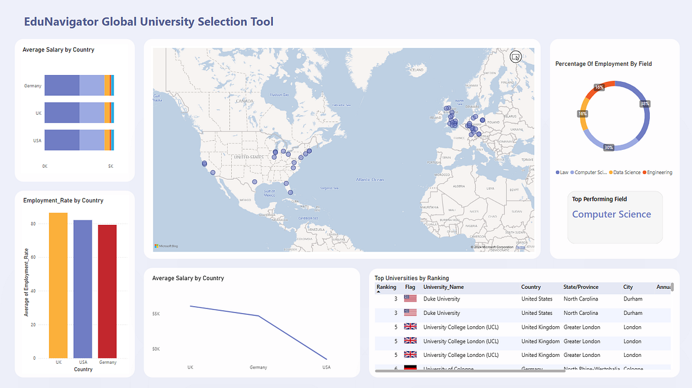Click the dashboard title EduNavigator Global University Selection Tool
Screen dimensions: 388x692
click(x=149, y=22)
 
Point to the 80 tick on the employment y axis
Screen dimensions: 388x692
click(x=33, y=224)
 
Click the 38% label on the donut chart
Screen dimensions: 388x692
click(x=645, y=104)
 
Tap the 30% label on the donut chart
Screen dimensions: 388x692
click(x=608, y=148)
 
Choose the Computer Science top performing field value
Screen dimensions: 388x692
click(x=611, y=214)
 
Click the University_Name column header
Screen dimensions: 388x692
click(x=443, y=287)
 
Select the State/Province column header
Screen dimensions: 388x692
click(x=581, y=287)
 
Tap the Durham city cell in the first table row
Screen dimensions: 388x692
click(x=633, y=299)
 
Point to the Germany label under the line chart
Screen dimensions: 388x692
click(x=258, y=367)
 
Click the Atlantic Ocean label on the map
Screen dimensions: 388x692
click(x=370, y=179)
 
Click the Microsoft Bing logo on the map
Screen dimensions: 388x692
click(x=166, y=246)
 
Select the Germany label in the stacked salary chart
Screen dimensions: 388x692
click(x=33, y=86)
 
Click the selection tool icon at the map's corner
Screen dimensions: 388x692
click(x=516, y=56)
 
